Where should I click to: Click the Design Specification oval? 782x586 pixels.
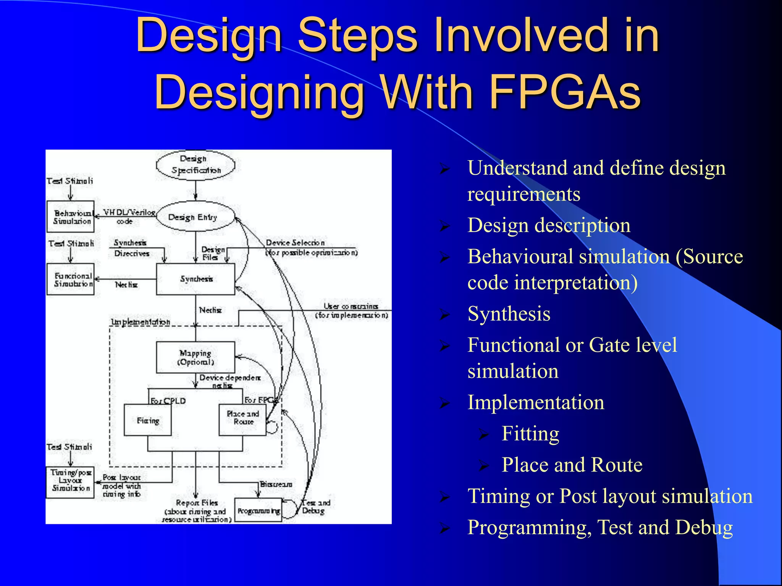tap(195, 165)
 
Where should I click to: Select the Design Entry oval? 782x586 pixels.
tap(195, 217)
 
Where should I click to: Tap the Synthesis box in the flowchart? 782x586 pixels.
tap(195, 279)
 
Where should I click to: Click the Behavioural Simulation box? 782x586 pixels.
tap(71, 217)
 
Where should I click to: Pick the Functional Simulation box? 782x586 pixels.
tap(71, 279)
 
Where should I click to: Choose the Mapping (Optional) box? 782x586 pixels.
tap(195, 357)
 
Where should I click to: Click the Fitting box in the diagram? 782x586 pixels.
tap(148, 420)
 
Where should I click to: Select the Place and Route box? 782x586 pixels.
tap(242, 420)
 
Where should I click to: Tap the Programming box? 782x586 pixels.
tap(259, 510)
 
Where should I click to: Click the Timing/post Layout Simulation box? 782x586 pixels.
tap(70, 482)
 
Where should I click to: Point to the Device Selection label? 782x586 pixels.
tap(295, 243)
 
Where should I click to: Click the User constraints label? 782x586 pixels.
tap(351, 306)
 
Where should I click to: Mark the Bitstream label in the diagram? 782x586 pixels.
tap(276, 484)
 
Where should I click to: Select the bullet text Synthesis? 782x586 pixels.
tap(509, 314)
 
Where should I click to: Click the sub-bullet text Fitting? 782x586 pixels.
tap(530, 433)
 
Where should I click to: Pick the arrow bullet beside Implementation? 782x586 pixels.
tap(444, 403)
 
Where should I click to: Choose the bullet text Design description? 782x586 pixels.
tap(549, 225)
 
